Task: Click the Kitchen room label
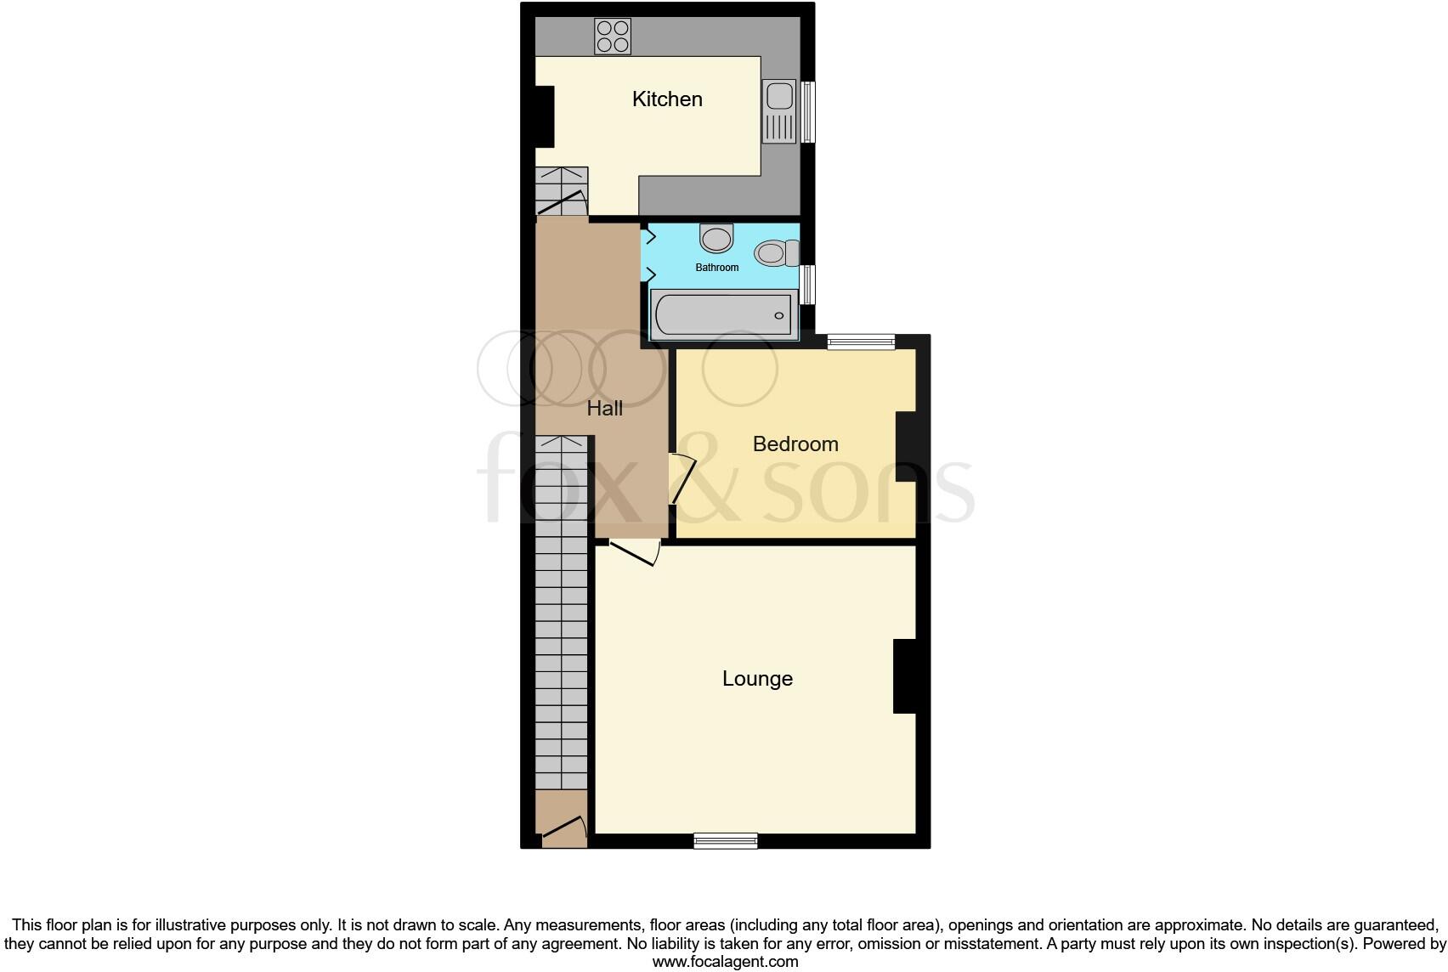(667, 99)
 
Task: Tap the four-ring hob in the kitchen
(613, 37)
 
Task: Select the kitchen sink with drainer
(780, 111)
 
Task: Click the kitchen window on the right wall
(808, 111)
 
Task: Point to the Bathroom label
(717, 268)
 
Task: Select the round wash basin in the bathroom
(716, 238)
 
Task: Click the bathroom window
(809, 285)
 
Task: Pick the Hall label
(605, 409)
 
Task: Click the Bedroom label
(795, 444)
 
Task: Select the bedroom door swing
(682, 479)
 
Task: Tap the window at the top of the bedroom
(861, 342)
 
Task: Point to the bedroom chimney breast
(906, 446)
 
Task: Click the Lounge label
(757, 679)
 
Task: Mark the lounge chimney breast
(904, 676)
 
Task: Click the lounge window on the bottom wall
(725, 841)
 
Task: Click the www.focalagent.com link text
(725, 962)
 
